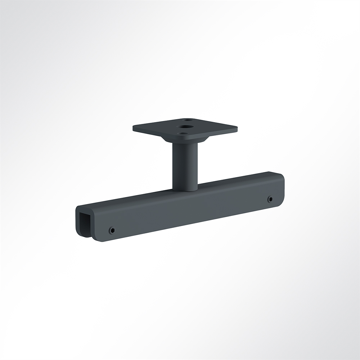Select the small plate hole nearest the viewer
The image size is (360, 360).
(x=184, y=133)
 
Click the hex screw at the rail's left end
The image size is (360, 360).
(x=112, y=230)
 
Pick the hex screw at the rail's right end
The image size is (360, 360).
(x=270, y=199)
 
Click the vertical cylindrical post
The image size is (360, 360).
(x=185, y=164)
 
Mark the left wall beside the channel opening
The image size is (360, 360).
(x=77, y=223)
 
